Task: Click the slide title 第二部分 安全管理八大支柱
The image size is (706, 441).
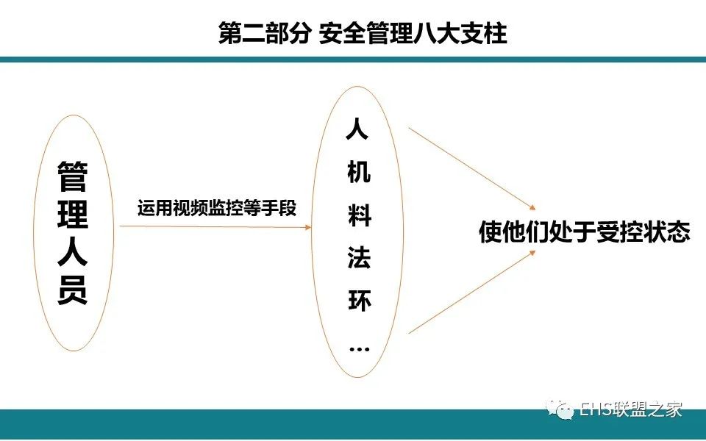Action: pos(363,33)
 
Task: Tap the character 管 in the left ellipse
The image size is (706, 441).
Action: pos(73,176)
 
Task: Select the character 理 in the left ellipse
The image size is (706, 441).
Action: pos(73,214)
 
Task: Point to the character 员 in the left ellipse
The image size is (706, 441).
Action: pos(73,290)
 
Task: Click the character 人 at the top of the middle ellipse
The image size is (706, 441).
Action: pos(358,128)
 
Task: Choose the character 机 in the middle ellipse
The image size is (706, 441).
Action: pos(359,171)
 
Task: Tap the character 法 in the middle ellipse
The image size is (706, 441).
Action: pos(359,258)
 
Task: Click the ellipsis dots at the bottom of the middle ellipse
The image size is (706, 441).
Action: pos(360,348)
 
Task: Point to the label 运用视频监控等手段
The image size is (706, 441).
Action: pos(217,208)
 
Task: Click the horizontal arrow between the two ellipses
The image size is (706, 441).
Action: pos(215,226)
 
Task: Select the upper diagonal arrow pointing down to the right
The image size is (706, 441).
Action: pos(472,169)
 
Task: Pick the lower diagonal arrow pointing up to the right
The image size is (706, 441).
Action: pos(472,292)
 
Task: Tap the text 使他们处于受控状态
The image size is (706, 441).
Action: pos(585,232)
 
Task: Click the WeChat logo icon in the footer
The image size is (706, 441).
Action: pos(559,409)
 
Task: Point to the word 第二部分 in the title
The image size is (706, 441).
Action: pos(264,33)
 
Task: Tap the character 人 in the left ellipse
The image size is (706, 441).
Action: pos(73,252)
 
